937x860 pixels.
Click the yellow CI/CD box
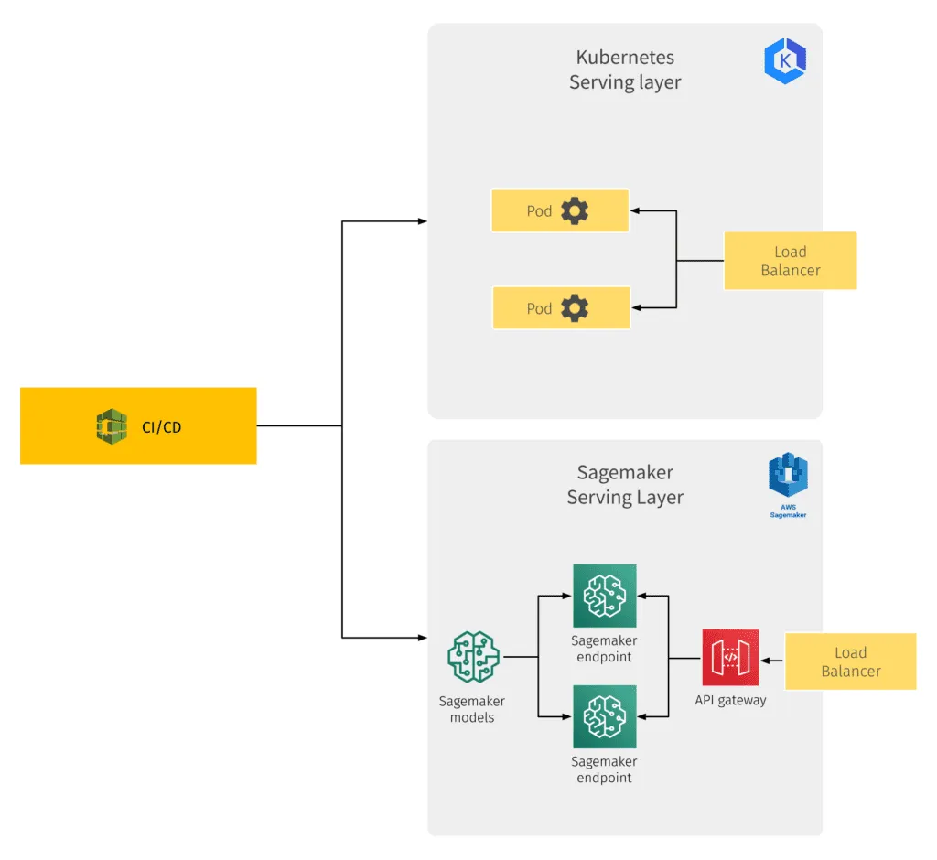pos(138,425)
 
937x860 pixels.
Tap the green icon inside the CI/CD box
pos(112,426)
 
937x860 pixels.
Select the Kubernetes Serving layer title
pos(625,70)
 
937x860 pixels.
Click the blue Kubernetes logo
pos(784,61)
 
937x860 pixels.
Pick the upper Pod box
pos(560,211)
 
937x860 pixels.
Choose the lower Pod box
pos(561,308)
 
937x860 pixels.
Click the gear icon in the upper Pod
pos(575,211)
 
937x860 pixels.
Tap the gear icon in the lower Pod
pos(575,308)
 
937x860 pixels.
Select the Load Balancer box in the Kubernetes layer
pos(790,261)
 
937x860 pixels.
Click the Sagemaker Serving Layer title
pos(625,485)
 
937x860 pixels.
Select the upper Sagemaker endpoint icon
pos(604,596)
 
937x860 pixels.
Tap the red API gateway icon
pos(730,657)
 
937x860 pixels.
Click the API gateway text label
pos(730,701)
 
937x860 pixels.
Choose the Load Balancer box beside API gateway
pos(850,661)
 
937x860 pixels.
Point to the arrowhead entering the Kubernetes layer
pos(421,221)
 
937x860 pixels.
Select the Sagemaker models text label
pos(472,710)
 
